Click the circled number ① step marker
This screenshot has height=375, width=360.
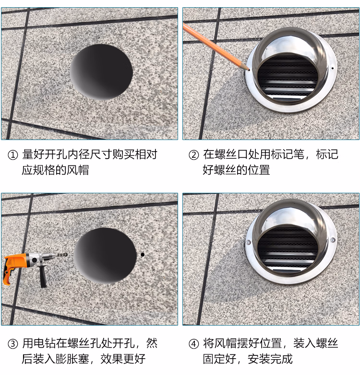coord(12,155)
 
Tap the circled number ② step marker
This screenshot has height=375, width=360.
coord(193,155)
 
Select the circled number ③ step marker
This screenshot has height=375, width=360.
coord(12,344)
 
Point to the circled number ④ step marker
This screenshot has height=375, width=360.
coord(193,344)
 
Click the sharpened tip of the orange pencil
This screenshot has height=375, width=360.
coord(249,70)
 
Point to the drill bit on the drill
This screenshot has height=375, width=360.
coord(62,255)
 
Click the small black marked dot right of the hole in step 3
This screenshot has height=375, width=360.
coord(143,255)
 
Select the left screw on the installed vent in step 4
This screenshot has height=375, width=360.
coord(249,243)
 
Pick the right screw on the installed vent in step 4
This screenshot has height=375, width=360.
coord(333,240)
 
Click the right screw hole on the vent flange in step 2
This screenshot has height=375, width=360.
coord(332,69)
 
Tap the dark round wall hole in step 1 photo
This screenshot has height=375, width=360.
coord(101,72)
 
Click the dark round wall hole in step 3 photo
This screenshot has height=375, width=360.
coord(105,256)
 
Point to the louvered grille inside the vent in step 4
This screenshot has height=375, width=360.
coord(288,249)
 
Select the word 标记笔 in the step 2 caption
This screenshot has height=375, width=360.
coord(288,154)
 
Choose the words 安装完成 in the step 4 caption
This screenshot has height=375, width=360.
coord(270,359)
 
